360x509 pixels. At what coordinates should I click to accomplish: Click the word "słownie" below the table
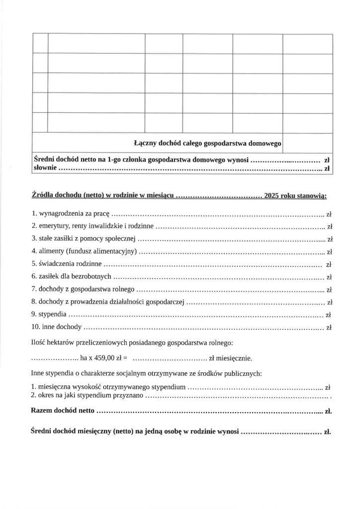coord(45,169)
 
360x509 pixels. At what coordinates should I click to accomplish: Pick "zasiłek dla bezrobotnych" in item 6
coord(75,276)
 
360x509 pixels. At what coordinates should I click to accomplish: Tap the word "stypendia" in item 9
coord(52,315)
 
